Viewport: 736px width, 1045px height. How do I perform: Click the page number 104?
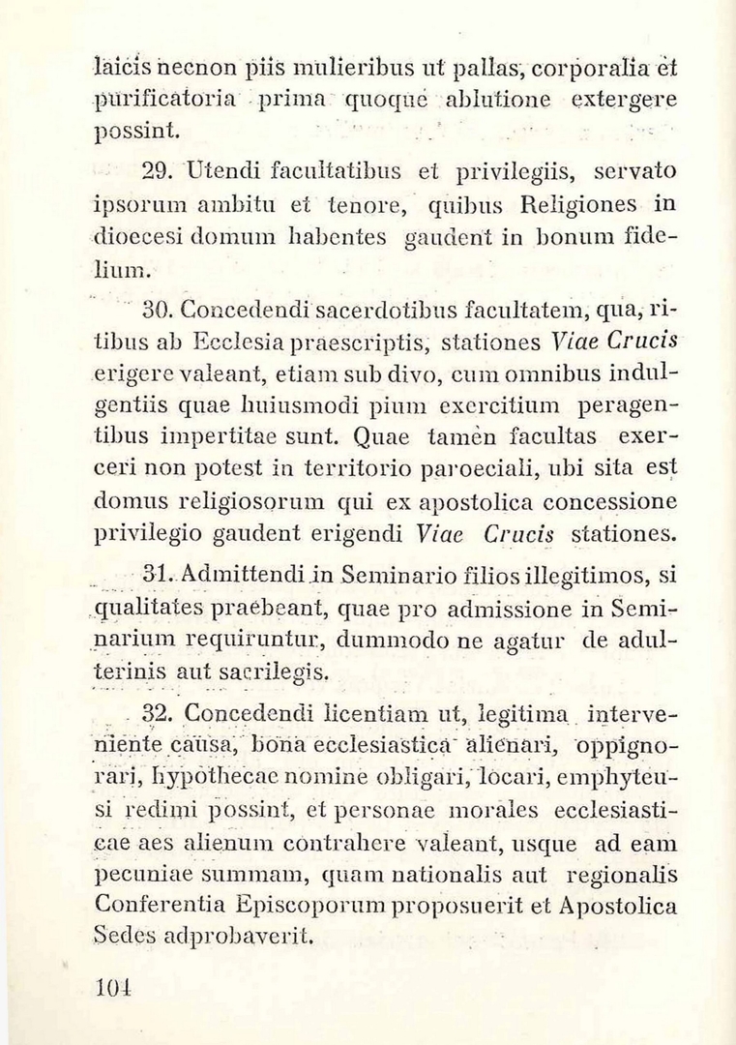tap(113, 987)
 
